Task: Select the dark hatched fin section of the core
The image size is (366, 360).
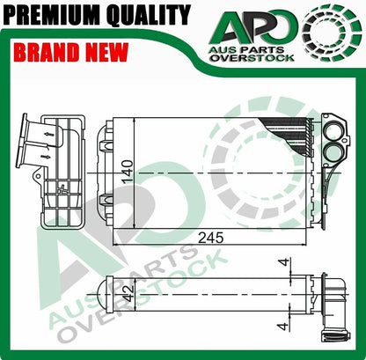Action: (x=286, y=131)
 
